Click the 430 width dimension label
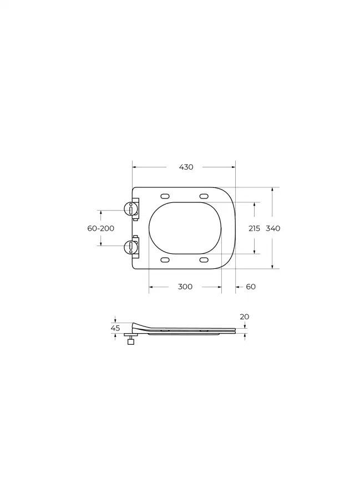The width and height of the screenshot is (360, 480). pos(186,167)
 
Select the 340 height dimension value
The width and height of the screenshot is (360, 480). pos(273,228)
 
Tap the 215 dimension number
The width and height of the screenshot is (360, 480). pos(254,228)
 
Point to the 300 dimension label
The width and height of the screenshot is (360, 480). pos(185,287)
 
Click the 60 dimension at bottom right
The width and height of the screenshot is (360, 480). pos(251,287)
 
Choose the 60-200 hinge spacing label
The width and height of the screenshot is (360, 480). pos(100,228)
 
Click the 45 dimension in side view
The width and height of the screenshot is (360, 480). pos(115,328)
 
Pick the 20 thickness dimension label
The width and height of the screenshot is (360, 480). pos(245,316)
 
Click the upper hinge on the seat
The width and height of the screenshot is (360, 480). pos(131,208)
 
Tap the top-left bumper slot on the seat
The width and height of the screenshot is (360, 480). pos(165,196)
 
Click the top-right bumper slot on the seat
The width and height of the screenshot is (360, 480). pos(204,196)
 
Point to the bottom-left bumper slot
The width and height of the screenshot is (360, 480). pos(165,260)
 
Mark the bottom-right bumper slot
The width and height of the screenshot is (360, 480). pos(204,260)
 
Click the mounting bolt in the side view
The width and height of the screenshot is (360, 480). pos(131,341)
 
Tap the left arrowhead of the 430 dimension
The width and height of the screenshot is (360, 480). pos(134,167)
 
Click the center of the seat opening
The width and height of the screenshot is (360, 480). pos(185,228)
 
